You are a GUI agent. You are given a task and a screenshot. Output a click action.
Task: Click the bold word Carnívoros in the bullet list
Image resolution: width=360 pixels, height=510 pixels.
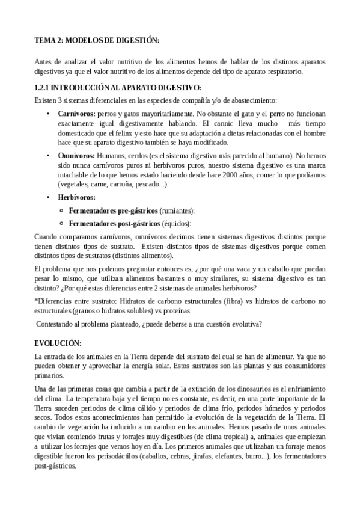tap(76, 113)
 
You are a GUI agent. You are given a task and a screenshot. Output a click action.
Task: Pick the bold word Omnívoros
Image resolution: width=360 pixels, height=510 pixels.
tap(76, 155)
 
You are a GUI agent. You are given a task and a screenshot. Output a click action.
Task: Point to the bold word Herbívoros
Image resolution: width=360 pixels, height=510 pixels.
tap(76, 197)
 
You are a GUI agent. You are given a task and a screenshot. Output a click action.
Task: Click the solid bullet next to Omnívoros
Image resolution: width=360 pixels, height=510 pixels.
tap(48, 155)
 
